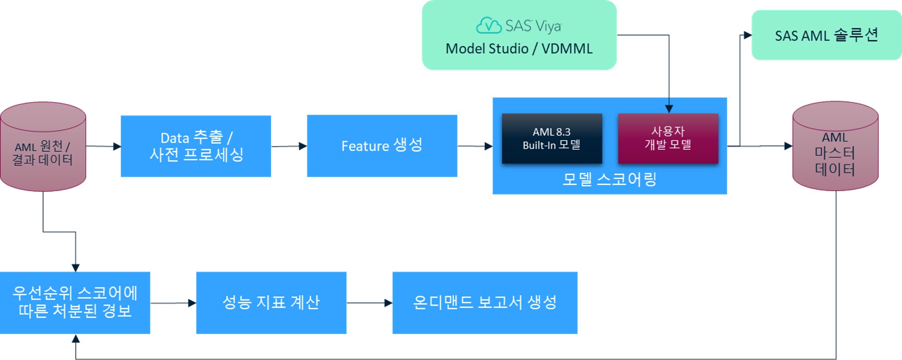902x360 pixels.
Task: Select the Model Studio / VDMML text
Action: click(x=519, y=49)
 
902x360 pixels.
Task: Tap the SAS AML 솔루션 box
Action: click(x=826, y=35)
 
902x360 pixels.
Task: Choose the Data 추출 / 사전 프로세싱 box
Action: click(x=195, y=146)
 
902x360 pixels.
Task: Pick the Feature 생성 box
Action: click(x=382, y=146)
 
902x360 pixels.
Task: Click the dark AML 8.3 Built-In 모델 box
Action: click(x=552, y=138)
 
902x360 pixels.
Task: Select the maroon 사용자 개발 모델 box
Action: click(x=668, y=138)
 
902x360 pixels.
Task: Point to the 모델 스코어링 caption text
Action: click(x=609, y=179)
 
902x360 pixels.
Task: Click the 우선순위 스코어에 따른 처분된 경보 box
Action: click(x=75, y=303)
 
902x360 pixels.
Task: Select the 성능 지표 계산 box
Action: click(x=271, y=303)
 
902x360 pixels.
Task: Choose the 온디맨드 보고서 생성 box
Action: click(x=485, y=303)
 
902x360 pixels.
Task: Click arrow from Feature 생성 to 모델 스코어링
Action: click(x=475, y=146)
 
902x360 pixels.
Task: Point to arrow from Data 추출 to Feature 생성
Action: click(x=289, y=146)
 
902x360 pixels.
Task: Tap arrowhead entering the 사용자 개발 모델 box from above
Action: click(x=669, y=109)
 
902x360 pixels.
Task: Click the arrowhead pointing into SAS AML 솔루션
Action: click(x=747, y=35)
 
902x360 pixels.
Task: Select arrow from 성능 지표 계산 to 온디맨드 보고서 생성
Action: click(x=369, y=303)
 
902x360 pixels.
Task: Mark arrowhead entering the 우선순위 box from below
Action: click(x=76, y=339)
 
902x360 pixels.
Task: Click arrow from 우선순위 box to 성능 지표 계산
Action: click(x=173, y=303)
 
